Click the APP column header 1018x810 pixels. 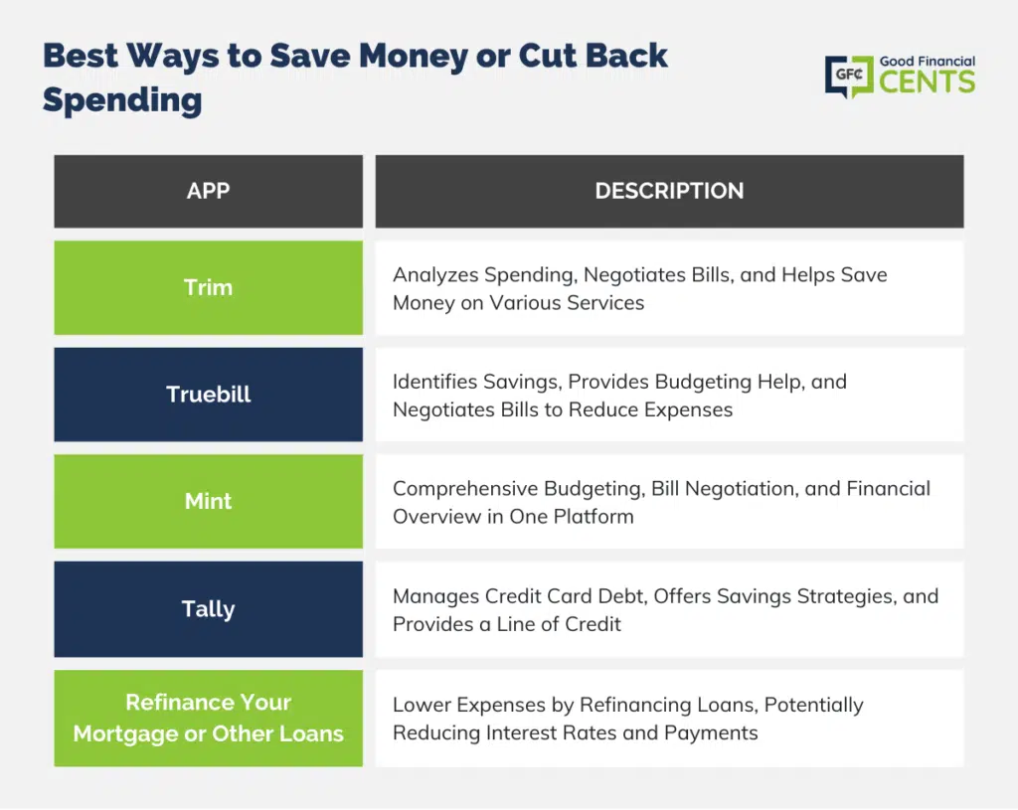pos(209,191)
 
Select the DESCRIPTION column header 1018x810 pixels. pos(669,191)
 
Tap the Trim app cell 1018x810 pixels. pos(209,287)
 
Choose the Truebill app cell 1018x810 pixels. pos(209,394)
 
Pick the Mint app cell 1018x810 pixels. pos(209,501)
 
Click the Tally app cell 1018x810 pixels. pos(209,609)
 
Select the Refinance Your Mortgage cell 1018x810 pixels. pos(209,718)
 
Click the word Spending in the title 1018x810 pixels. pos(122,101)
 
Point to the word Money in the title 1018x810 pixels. pos(413,56)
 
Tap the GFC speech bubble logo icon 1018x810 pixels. pos(849,77)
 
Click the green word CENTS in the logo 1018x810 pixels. pos(928,81)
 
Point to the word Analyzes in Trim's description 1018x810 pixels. pos(435,275)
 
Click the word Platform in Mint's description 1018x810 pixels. pos(594,517)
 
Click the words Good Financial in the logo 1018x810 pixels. pos(928,61)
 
